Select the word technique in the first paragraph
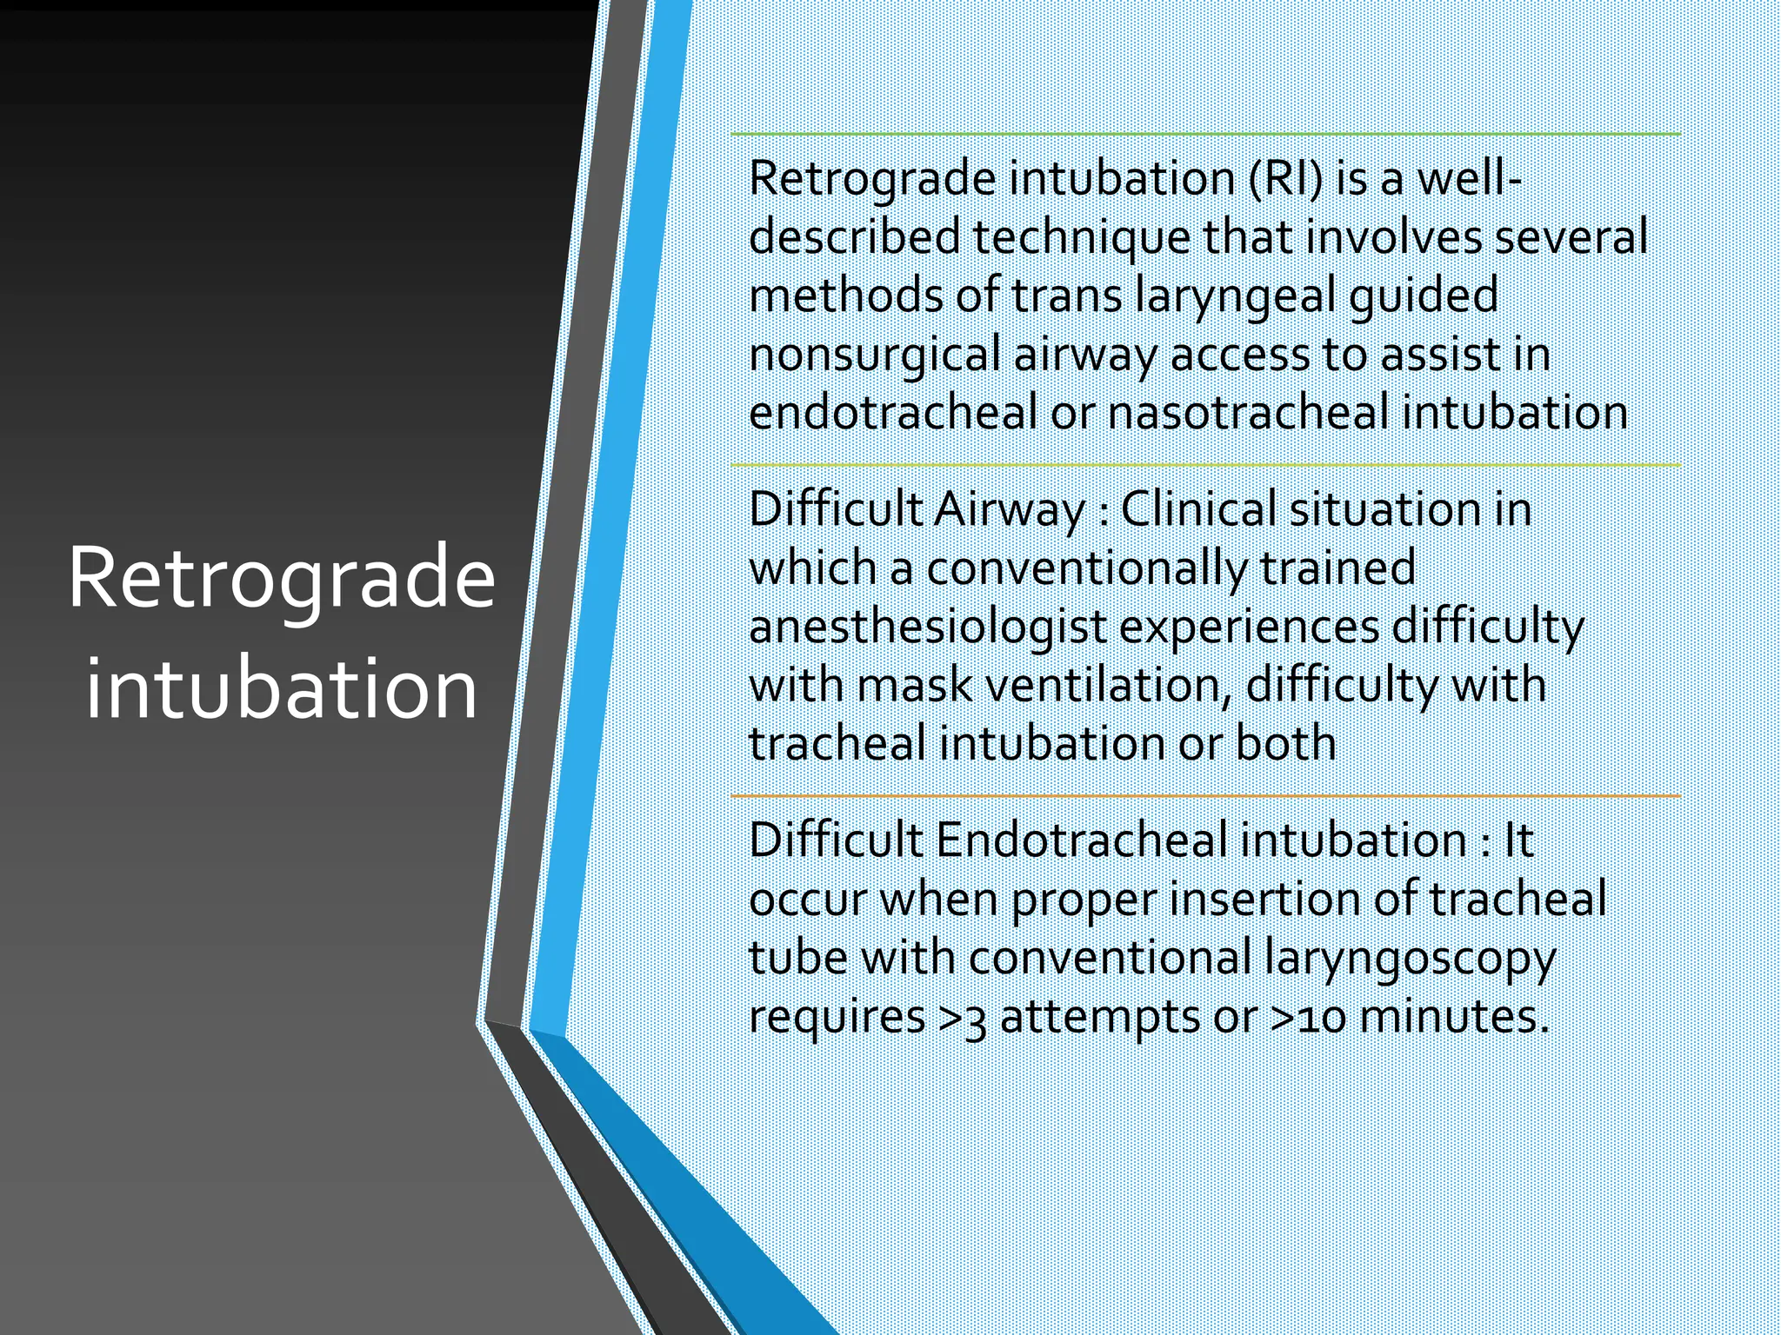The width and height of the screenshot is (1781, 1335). pyautogui.click(x=1081, y=238)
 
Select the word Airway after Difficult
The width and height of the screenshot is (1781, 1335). pyautogui.click(x=1009, y=510)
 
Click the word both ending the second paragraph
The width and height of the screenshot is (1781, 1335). pyautogui.click(x=1285, y=744)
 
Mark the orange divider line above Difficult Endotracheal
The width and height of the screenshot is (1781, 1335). pyautogui.click(x=1204, y=796)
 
